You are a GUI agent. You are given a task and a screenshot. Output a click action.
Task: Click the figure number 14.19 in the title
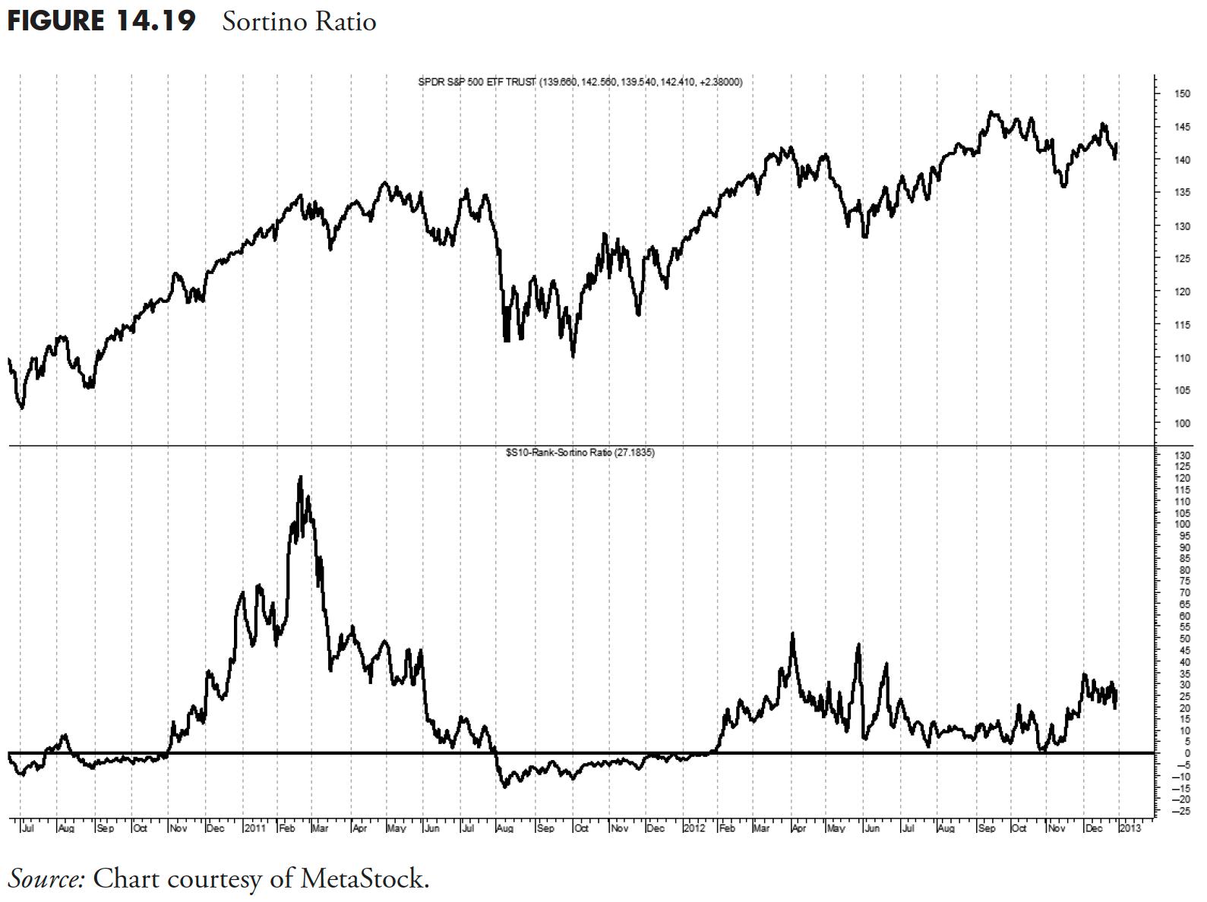156,20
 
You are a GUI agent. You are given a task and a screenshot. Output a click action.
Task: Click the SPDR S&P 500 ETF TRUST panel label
477,81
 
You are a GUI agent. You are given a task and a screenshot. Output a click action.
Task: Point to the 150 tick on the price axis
1181,94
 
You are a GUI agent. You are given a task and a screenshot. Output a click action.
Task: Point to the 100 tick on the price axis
1181,423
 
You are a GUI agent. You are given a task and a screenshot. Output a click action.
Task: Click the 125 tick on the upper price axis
1181,259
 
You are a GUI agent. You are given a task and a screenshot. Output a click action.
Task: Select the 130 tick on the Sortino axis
1181,455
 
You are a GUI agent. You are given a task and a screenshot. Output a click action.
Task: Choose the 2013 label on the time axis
1130,828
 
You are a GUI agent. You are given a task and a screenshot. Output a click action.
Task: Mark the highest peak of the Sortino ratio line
300,477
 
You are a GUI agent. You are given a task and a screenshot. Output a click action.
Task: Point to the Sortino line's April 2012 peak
793,633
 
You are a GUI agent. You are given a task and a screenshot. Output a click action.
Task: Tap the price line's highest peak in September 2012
991,112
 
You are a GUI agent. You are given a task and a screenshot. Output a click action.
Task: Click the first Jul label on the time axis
27,828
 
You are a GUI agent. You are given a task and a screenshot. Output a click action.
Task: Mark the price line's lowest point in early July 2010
22,408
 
